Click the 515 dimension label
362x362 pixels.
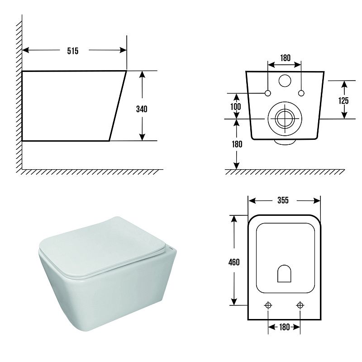(x=73, y=51)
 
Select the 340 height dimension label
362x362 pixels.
(x=142, y=109)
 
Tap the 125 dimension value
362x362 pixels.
(x=343, y=100)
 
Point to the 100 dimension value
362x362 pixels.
(x=236, y=107)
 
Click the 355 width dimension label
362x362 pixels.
(x=283, y=200)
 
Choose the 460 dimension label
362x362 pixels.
(x=234, y=262)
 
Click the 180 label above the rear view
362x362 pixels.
(x=286, y=58)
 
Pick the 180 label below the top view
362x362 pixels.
(x=284, y=327)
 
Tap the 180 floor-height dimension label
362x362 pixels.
(x=237, y=144)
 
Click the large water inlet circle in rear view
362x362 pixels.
(x=285, y=81)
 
